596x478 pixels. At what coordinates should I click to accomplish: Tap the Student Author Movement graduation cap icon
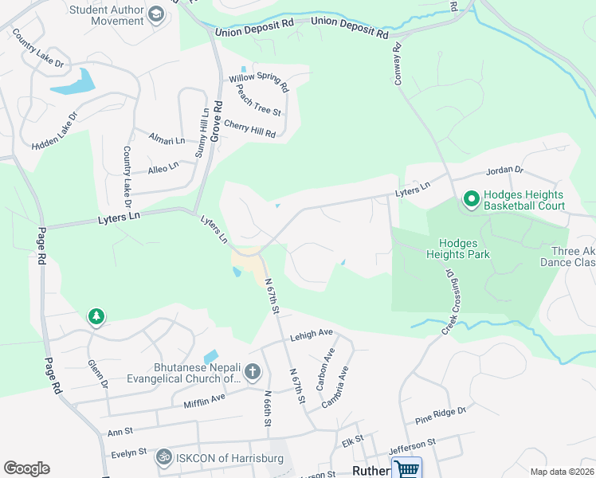(157, 14)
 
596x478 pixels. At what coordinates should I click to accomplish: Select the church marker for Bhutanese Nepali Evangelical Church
(252, 371)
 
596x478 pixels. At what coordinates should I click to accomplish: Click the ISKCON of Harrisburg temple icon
(165, 456)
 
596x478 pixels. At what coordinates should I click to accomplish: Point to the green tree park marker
(96, 317)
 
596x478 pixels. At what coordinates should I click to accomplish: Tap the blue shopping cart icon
(406, 469)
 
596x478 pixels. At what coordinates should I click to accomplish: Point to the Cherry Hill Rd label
(249, 128)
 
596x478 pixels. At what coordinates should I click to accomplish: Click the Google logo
(27, 468)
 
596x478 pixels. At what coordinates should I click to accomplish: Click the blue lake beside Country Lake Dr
(73, 81)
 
